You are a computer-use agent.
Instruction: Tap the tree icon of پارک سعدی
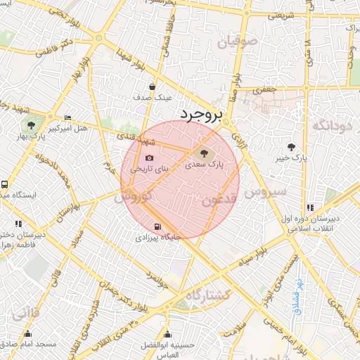[x=204, y=153]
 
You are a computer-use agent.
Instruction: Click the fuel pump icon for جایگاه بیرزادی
[x=157, y=226]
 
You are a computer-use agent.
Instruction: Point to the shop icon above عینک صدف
[x=153, y=86]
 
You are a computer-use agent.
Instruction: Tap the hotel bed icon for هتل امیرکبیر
[x=67, y=117]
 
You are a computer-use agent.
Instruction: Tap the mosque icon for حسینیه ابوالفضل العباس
[x=167, y=334]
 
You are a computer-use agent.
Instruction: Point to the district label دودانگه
[x=330, y=125]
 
